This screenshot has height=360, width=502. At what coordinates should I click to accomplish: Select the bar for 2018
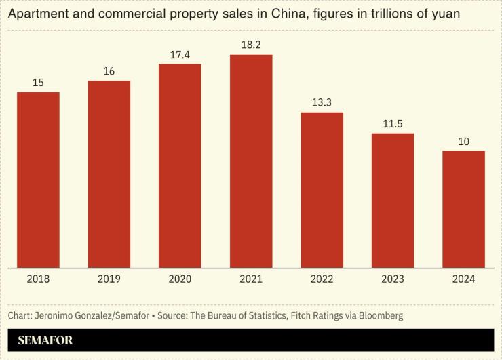[38, 180]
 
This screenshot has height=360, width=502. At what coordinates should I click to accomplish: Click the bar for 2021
[251, 161]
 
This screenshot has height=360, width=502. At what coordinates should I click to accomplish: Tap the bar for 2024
[463, 209]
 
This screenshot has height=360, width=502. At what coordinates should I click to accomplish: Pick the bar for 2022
[322, 190]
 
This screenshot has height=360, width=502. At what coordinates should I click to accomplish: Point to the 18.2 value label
[251, 45]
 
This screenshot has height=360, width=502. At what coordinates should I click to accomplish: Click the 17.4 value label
[180, 54]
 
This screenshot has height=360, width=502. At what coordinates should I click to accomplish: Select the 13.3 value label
[322, 102]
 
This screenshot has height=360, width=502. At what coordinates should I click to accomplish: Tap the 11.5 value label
[393, 123]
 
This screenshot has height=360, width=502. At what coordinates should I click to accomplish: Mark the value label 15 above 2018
[38, 82]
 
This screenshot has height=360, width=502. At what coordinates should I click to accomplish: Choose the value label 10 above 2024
[463, 141]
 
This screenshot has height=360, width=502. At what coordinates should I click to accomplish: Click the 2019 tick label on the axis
[109, 279]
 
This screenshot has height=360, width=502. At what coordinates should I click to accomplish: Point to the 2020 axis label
[180, 279]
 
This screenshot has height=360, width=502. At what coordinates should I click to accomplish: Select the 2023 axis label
[393, 279]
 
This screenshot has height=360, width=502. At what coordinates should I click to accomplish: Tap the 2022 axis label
[322, 279]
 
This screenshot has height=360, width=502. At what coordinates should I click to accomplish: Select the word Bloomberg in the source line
[381, 316]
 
